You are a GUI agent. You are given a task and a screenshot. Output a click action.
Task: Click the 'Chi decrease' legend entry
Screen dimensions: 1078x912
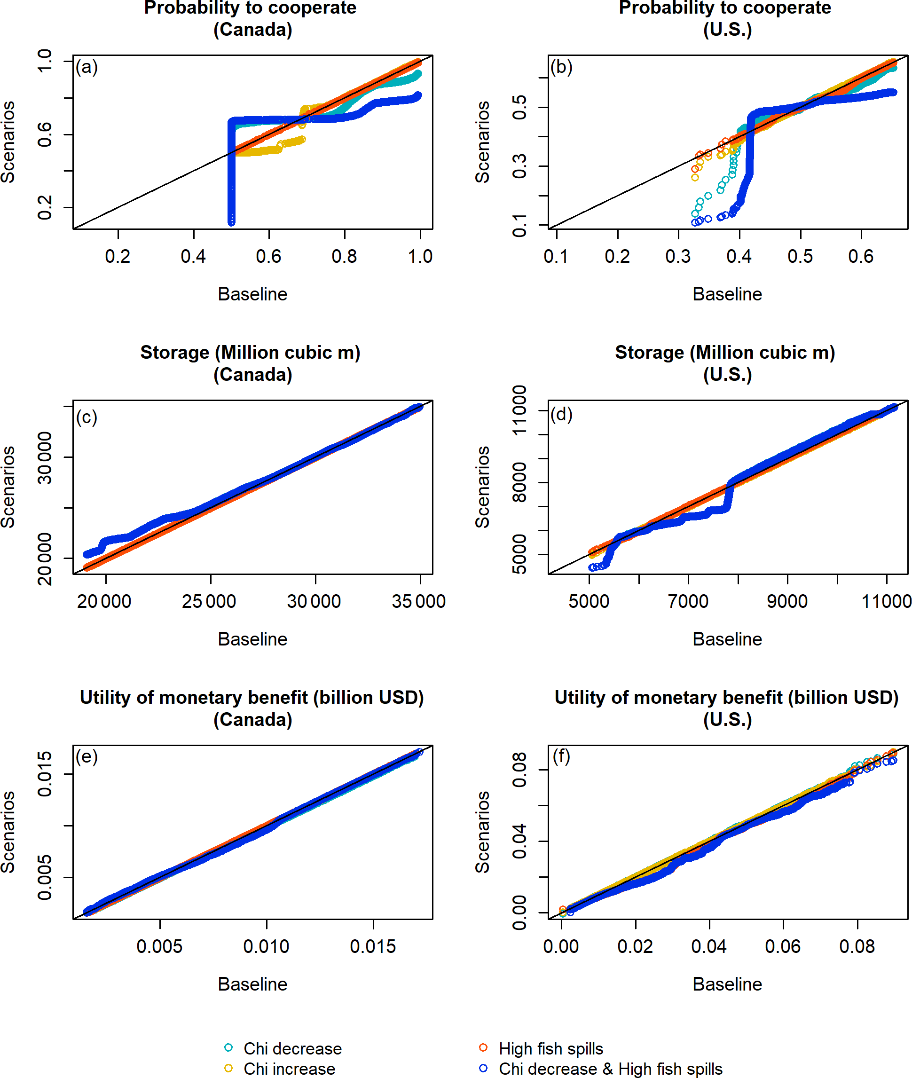click(292, 1048)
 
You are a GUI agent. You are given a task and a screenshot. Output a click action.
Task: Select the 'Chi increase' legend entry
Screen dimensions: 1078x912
click(289, 1068)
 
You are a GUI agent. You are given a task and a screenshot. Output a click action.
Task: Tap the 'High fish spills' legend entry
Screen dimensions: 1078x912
click(550, 1048)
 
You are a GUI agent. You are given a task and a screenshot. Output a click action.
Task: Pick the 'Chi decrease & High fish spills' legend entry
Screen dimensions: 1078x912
click(610, 1068)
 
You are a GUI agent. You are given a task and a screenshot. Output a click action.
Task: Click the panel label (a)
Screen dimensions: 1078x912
click(86, 67)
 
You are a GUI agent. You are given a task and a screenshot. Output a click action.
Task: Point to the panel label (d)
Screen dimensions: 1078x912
click(561, 414)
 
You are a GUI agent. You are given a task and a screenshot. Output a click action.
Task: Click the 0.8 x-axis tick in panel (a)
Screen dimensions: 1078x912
click(344, 256)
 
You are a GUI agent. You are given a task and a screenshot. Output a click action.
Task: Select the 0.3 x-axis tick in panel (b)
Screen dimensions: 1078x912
click(678, 256)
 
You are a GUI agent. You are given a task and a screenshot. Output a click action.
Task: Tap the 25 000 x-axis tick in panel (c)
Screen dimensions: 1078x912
click(209, 601)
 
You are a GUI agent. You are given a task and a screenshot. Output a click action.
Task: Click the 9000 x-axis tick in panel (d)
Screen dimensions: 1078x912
click(787, 601)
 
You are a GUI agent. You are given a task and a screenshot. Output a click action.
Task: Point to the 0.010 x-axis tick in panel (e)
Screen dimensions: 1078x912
click(266, 946)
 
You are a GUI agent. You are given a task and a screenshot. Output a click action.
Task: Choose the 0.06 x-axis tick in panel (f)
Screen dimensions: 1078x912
click(783, 946)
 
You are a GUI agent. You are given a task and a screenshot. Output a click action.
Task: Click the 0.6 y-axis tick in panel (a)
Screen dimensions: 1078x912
click(45, 134)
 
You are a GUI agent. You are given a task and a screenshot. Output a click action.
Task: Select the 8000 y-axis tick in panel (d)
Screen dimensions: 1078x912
click(519, 482)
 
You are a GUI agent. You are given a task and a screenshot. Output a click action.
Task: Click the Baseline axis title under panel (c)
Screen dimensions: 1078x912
click(252, 639)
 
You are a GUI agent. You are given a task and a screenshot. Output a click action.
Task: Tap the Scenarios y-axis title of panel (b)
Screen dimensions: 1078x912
click(482, 142)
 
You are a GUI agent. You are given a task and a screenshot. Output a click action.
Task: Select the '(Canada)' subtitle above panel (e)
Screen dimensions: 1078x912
click(252, 719)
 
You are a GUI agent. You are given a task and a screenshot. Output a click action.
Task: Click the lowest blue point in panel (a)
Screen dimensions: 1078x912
click(231, 222)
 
